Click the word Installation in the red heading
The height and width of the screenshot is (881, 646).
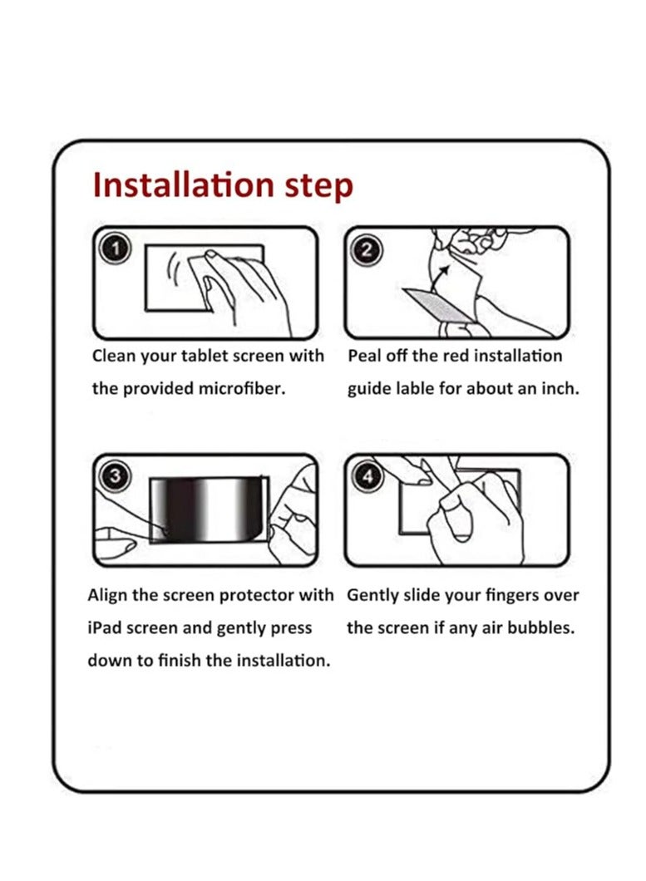click(x=183, y=185)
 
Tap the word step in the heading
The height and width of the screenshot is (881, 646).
click(x=318, y=187)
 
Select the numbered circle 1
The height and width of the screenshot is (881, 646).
click(x=115, y=249)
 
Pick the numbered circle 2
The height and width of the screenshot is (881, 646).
click(x=366, y=249)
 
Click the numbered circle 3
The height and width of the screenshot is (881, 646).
click(x=115, y=476)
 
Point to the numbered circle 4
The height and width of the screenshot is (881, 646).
click(x=367, y=476)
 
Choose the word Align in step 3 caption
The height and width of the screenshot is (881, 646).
click(x=107, y=595)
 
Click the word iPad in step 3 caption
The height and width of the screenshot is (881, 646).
click(x=105, y=628)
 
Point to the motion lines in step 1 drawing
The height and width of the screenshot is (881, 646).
click(x=174, y=268)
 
